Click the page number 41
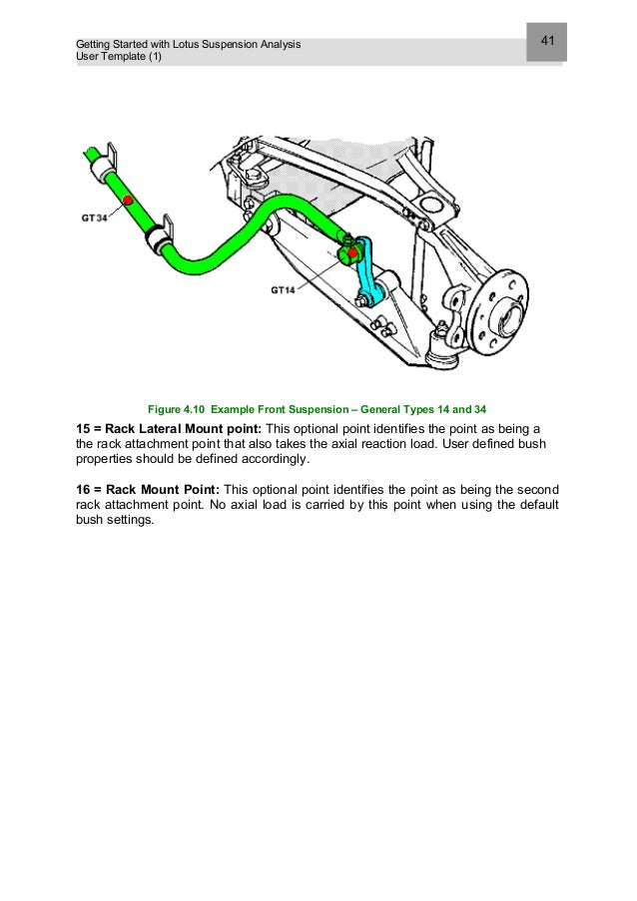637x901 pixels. pyautogui.click(x=547, y=41)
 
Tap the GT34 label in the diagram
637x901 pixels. pyautogui.click(x=95, y=217)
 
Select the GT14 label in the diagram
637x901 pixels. pyautogui.click(x=284, y=290)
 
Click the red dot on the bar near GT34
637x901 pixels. pyautogui.click(x=128, y=201)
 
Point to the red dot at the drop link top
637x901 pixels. pyautogui.click(x=354, y=252)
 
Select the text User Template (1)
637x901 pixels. pyautogui.click(x=118, y=57)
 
